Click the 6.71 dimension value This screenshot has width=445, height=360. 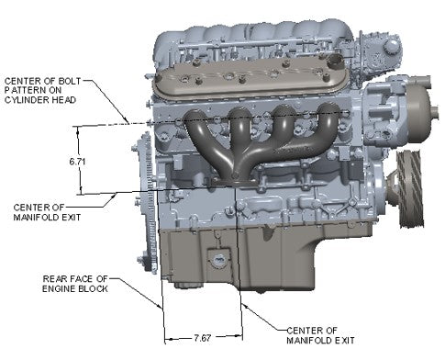tap(77, 161)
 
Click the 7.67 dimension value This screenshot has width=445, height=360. tap(203, 338)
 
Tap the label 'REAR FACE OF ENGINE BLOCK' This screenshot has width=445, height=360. tap(75, 284)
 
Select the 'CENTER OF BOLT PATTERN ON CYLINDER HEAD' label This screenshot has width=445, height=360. tap(42, 90)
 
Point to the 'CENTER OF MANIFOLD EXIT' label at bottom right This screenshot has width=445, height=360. tap(320, 335)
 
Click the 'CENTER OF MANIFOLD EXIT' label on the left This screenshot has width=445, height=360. tap(47, 212)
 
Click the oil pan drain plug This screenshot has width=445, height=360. tap(218, 261)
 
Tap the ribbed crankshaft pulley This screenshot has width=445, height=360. tap(410, 189)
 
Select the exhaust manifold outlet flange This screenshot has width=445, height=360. tap(234, 181)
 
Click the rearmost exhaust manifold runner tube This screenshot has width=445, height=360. tap(205, 138)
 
